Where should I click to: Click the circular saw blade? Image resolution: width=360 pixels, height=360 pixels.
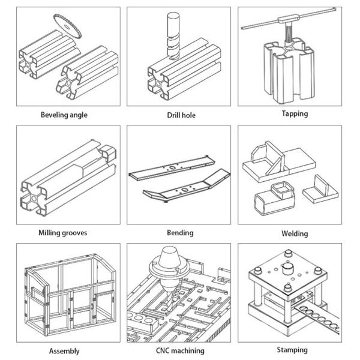tap(67, 26)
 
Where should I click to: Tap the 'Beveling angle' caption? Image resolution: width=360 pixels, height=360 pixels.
tap(64, 115)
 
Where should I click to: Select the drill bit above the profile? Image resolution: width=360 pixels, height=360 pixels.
tap(173, 35)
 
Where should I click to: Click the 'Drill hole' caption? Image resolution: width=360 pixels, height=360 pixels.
tap(181, 115)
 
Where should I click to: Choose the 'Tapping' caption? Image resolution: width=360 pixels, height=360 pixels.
tap(295, 113)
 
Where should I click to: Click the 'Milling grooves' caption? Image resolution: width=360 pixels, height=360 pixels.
tap(62, 233)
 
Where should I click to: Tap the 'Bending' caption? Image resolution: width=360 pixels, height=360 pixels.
tap(180, 233)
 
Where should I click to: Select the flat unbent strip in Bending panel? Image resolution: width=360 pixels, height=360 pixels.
tap(172, 168)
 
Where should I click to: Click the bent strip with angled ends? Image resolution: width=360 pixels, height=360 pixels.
tap(187, 186)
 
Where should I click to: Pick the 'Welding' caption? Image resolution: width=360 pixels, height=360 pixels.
tap(295, 233)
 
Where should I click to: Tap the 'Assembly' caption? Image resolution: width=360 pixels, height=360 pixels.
tap(64, 351)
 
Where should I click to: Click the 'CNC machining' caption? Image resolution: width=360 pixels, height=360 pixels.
tap(180, 350)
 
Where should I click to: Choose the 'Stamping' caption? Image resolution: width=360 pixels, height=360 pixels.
tap(292, 350)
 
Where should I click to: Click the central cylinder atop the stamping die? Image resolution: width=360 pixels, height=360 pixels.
tap(287, 268)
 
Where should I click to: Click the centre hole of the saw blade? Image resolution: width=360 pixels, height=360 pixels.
tap(67, 27)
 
